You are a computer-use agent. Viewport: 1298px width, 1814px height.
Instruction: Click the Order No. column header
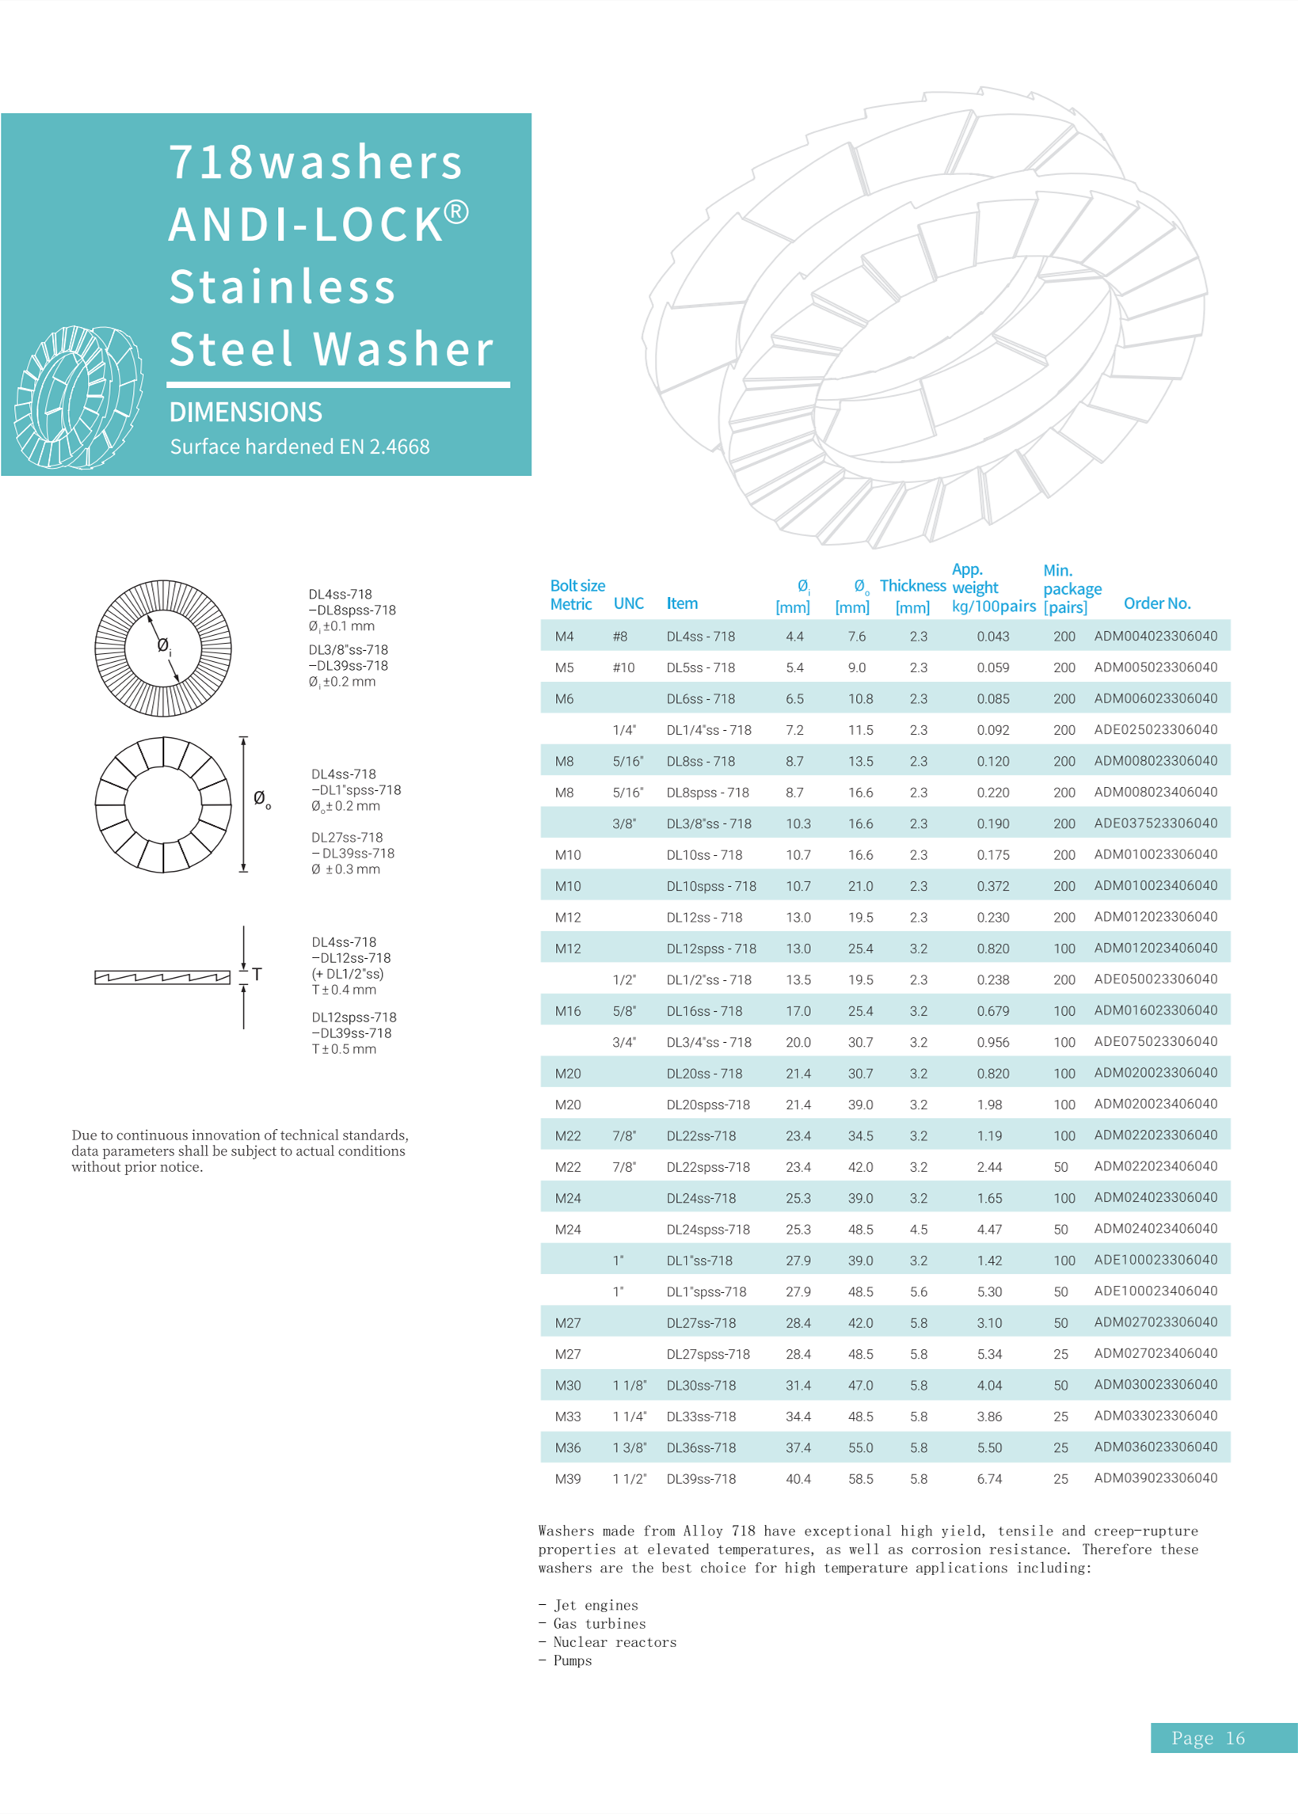[x=1156, y=603]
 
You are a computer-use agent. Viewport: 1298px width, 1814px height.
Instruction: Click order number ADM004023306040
[x=1155, y=636]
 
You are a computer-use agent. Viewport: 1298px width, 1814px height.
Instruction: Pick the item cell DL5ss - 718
[x=700, y=667]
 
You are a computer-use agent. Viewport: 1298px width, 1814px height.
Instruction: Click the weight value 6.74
[x=988, y=1478]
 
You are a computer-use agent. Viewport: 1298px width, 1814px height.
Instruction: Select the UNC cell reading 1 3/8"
[x=629, y=1447]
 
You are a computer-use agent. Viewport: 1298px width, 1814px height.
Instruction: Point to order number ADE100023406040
[x=1155, y=1291]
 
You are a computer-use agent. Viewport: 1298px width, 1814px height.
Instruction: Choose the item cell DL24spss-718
[x=707, y=1229]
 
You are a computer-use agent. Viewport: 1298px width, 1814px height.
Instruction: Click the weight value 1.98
[x=988, y=1105]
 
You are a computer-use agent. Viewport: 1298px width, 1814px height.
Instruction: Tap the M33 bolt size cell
[x=568, y=1416]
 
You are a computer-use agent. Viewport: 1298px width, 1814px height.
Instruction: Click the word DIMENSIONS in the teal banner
[x=246, y=413]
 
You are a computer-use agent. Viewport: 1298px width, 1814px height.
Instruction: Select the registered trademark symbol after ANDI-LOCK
[x=456, y=211]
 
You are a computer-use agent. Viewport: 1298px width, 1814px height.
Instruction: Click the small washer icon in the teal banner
[x=78, y=397]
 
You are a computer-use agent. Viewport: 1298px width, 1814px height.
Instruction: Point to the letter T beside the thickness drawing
[x=257, y=974]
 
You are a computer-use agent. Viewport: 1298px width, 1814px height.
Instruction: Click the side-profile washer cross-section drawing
[x=162, y=977]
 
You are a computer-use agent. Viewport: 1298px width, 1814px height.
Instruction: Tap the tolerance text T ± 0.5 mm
[x=344, y=1048]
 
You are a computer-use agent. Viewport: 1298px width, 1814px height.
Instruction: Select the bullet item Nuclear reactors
[x=614, y=1642]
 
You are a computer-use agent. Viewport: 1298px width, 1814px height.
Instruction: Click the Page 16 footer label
[x=1208, y=1738]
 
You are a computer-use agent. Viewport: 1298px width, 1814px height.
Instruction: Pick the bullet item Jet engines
[x=596, y=1606]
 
